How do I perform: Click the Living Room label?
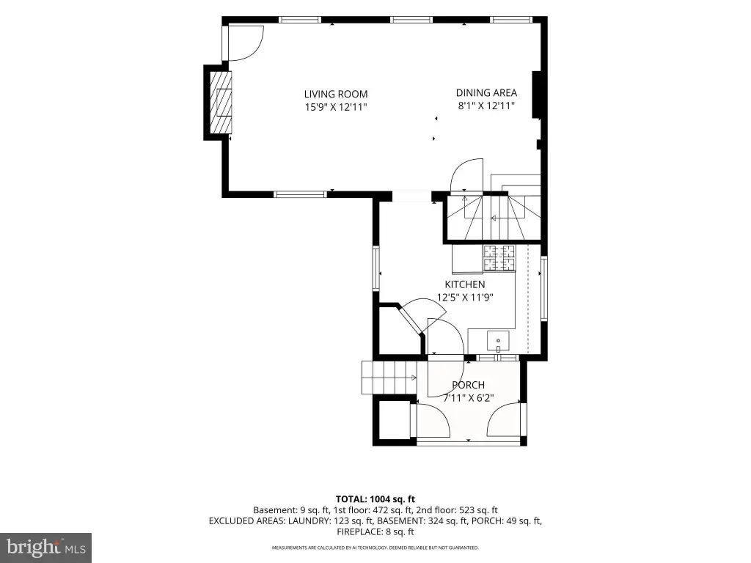(336, 95)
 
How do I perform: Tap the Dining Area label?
(486, 93)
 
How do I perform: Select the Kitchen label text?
(464, 284)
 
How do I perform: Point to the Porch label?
(468, 385)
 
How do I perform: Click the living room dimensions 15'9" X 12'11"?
(336, 107)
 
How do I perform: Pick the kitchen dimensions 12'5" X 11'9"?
(464, 298)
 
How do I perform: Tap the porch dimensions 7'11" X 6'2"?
(468, 398)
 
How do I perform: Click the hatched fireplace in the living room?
(221, 103)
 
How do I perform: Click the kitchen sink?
(498, 341)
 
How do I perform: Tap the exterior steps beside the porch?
(389, 378)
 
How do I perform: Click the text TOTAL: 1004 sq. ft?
(375, 499)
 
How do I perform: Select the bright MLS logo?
(45, 548)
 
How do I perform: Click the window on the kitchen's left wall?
(376, 268)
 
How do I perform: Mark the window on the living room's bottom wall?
(300, 194)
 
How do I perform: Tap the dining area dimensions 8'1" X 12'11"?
(486, 106)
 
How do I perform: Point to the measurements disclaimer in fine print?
(375, 548)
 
